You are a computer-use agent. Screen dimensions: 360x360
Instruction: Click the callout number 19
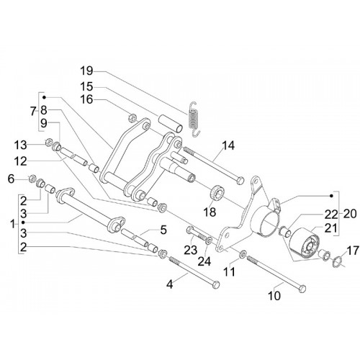[x=86, y=71]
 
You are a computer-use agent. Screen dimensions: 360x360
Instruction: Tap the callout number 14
[x=228, y=145]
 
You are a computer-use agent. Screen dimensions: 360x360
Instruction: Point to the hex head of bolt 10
[x=302, y=288]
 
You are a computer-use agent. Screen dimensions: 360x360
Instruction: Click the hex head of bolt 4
[x=216, y=284]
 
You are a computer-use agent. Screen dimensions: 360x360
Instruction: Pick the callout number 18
[x=210, y=212]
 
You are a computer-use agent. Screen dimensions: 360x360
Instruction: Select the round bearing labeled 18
[x=217, y=192]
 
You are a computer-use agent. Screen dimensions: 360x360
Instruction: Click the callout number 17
[x=352, y=251]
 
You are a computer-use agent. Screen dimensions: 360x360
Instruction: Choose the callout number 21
[x=330, y=228]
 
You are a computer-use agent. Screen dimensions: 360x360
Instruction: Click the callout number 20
[x=350, y=214]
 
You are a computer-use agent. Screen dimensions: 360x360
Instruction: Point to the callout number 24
[x=204, y=261]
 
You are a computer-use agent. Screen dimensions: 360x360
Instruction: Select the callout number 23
[x=191, y=250]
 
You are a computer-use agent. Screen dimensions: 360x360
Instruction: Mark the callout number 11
[x=230, y=272]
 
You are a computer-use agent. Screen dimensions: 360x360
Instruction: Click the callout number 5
[x=163, y=230]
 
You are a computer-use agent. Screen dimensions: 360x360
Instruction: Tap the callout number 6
[x=12, y=179]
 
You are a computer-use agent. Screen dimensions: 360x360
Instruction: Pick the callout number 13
[x=20, y=145]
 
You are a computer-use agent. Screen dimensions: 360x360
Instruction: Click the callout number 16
[x=86, y=99]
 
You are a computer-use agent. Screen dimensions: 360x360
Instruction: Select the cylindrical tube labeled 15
[x=170, y=123]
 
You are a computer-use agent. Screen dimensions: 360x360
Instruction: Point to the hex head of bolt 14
[x=240, y=180]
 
